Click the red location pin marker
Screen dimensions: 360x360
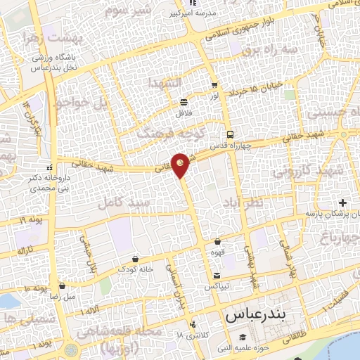(181, 164)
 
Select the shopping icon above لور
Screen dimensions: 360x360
(214, 85)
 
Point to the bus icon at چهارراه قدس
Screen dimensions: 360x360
(229, 135)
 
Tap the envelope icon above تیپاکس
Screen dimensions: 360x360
(217, 275)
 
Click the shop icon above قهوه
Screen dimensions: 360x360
(217, 242)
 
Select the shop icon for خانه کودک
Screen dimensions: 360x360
(134, 259)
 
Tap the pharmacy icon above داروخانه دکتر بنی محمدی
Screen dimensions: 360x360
(49, 168)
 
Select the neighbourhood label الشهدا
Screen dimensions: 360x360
(165, 83)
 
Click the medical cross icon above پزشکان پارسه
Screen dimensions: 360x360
(342, 202)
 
